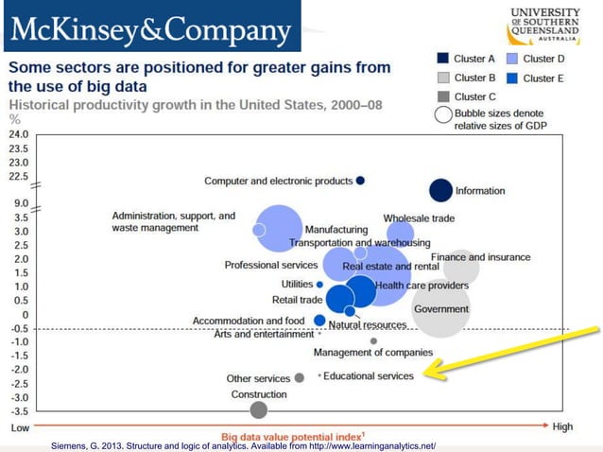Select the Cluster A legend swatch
point(441,59)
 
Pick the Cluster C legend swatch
point(441,96)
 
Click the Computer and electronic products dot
point(361,181)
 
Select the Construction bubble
point(258,409)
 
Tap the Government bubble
point(441,309)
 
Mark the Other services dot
point(300,377)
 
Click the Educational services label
point(370,376)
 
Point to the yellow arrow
point(510,353)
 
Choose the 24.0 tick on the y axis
point(19,134)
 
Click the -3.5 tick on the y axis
point(19,411)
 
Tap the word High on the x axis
point(562,427)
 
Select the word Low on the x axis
point(20,427)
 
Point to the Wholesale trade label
point(419,218)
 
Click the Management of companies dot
point(373,341)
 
